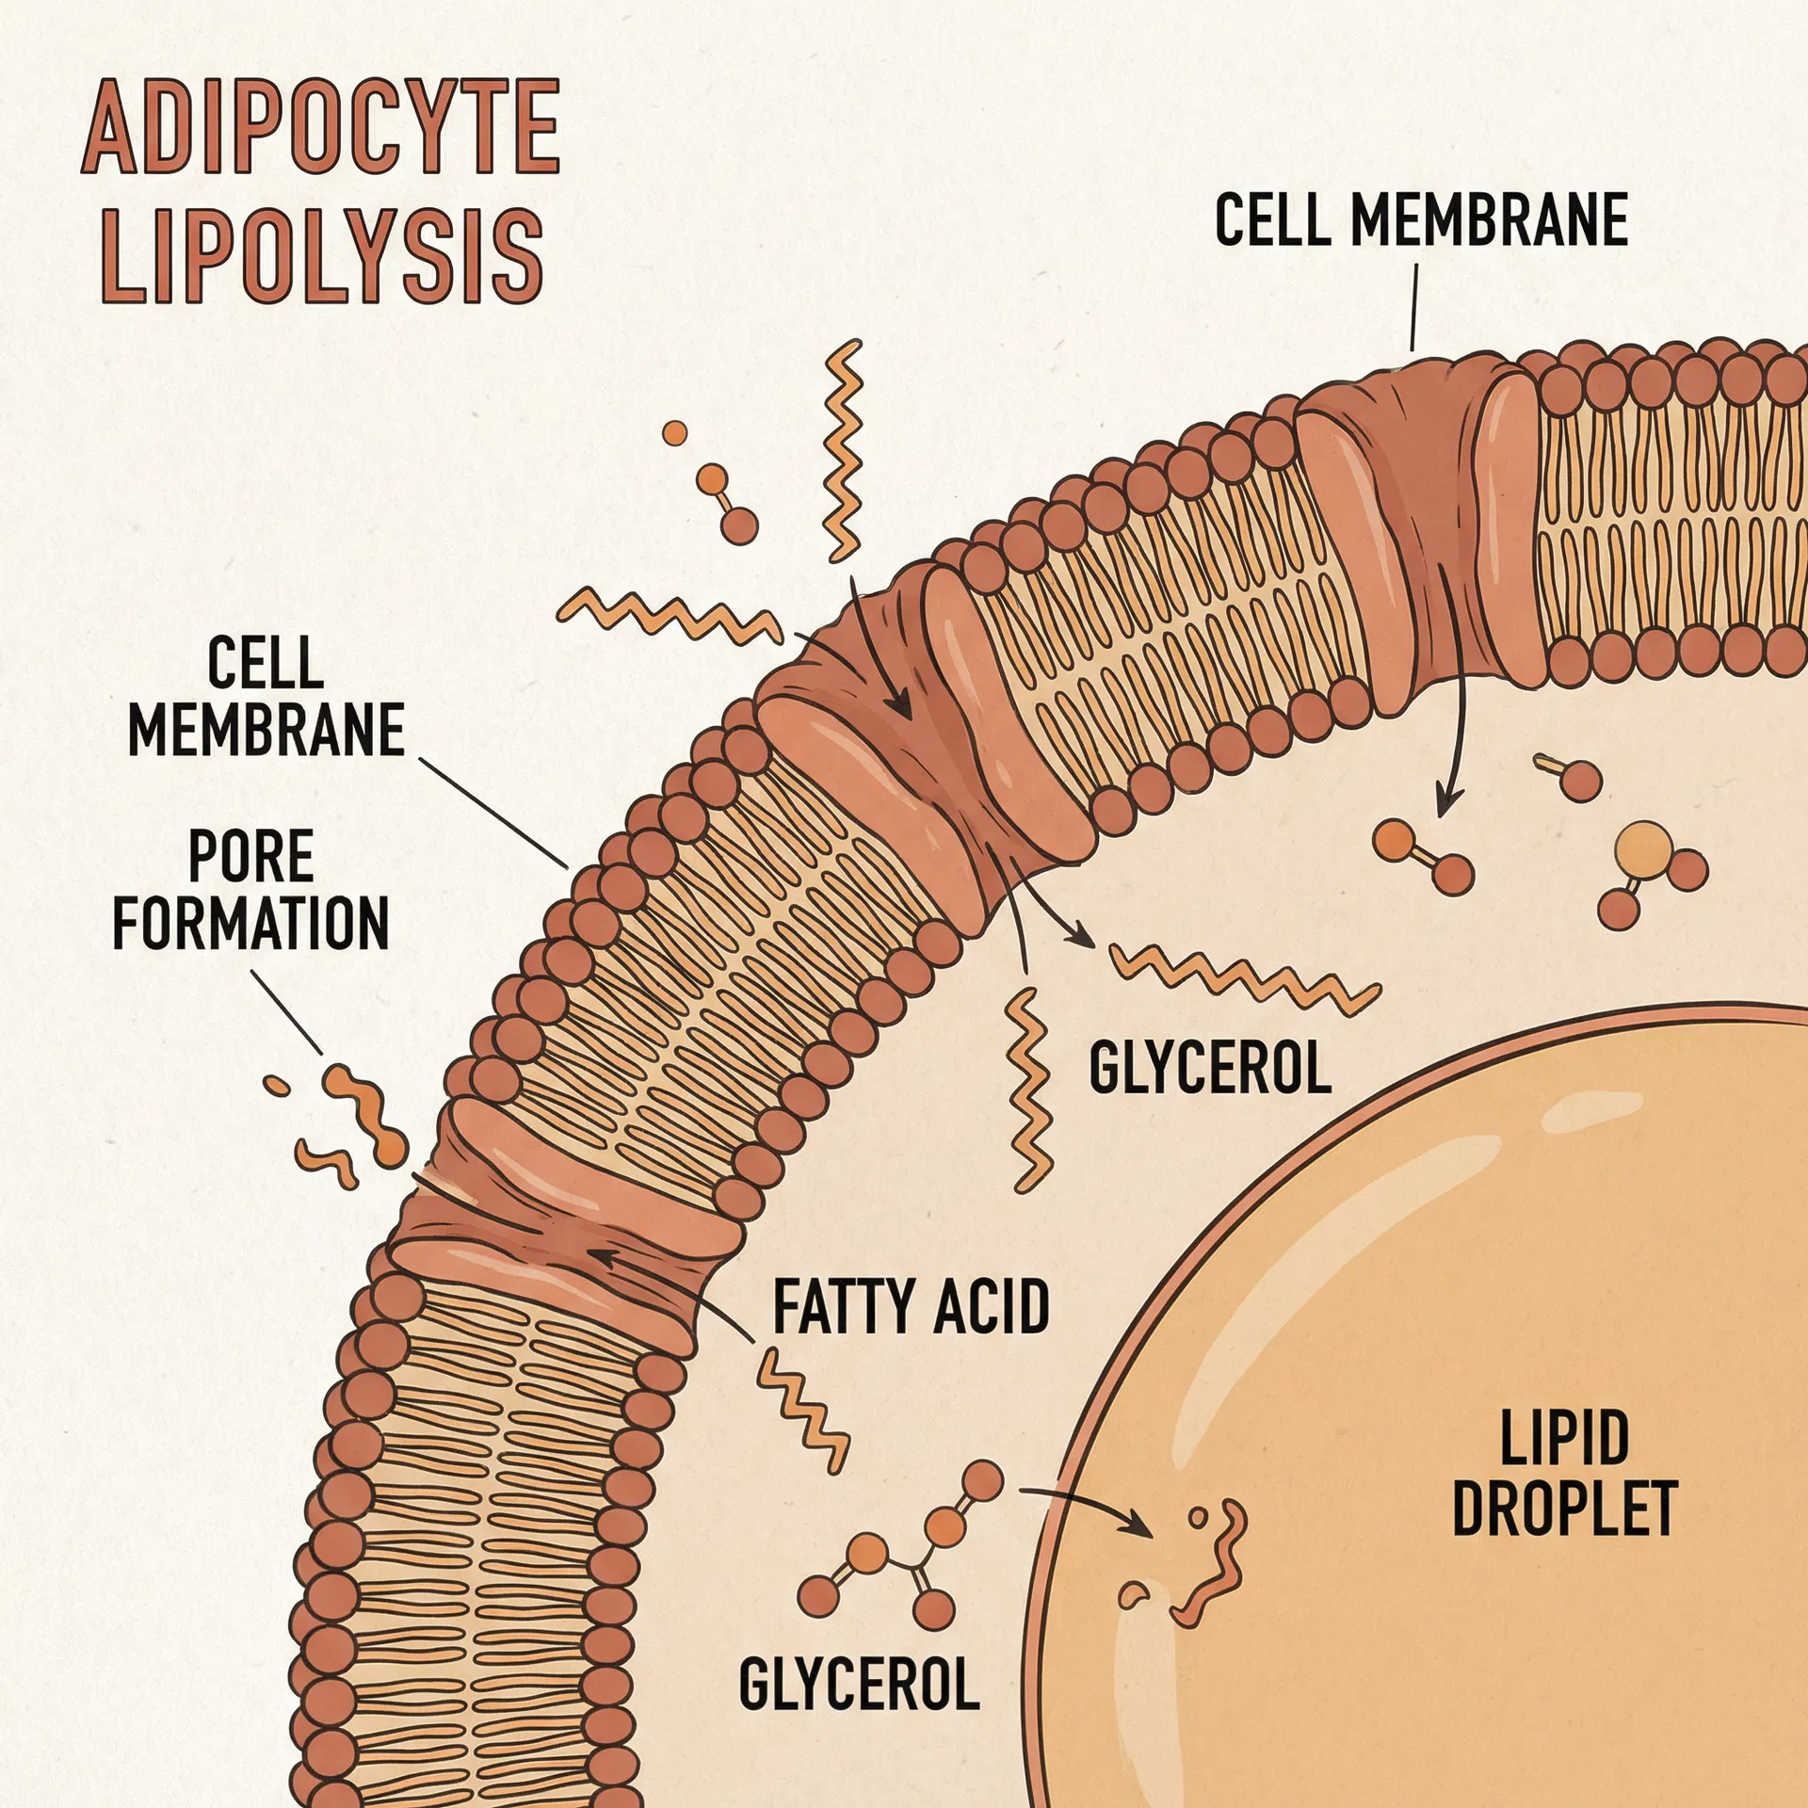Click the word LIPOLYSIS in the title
(x=321, y=255)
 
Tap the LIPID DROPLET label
(x=1564, y=1487)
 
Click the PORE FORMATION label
(x=250, y=890)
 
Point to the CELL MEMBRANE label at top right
(x=1421, y=220)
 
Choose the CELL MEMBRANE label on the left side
(x=266, y=697)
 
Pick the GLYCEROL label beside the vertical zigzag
(x=1210, y=1068)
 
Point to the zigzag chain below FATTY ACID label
(x=803, y=1409)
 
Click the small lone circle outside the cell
(x=674, y=433)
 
